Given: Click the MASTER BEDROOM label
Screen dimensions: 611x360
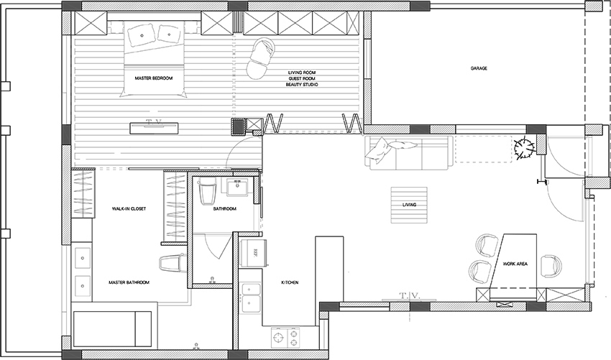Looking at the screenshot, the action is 154,78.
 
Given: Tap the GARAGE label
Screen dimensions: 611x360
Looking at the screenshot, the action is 479,68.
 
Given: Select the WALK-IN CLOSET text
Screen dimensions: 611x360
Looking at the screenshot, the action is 129,209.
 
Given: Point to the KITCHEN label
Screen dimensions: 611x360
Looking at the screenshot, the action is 290,282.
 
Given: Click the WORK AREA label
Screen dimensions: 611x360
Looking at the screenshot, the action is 515,264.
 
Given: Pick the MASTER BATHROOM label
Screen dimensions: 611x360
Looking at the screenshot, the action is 129,282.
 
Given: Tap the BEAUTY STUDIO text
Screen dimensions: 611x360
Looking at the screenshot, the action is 302,85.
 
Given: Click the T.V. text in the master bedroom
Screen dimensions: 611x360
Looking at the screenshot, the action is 154,121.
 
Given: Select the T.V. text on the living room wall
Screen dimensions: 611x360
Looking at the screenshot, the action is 410,296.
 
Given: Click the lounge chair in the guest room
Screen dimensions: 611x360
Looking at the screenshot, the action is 260,58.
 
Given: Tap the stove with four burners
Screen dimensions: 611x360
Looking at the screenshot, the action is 286,338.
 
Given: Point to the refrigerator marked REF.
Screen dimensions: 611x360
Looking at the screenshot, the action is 254,253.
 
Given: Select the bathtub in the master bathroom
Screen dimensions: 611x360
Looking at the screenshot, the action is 112,329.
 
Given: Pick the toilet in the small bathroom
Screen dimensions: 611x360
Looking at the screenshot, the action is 207,192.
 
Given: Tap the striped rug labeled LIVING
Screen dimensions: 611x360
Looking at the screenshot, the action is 409,205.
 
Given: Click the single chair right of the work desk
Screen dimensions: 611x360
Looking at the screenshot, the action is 551,266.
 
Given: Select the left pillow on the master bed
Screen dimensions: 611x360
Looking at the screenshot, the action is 141,34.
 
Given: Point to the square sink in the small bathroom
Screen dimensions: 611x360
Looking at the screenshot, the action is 236,187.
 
